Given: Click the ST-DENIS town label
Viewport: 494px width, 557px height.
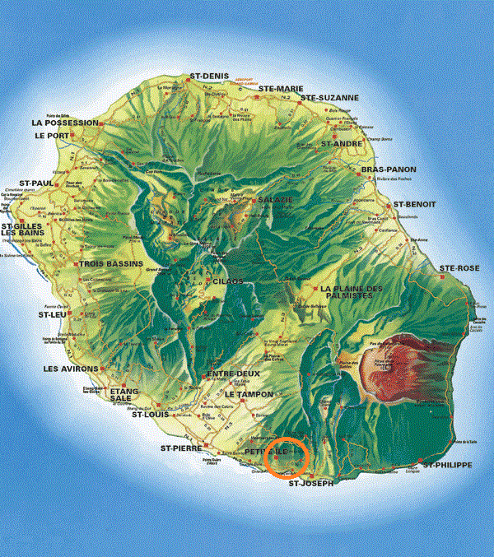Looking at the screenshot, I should coord(208,77).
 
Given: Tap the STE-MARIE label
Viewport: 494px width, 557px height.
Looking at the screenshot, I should coord(282,88).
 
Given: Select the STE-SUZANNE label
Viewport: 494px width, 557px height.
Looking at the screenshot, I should coord(329,98).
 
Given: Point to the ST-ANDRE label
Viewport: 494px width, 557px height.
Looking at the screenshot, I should coord(342,143).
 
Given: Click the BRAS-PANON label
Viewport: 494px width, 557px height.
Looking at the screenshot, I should coord(389,169).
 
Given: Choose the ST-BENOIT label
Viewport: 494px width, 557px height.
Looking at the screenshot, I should coord(414,204).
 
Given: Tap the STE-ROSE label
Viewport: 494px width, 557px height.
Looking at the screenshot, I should coord(459,268).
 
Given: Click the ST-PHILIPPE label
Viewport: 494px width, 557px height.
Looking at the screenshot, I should coord(447,466).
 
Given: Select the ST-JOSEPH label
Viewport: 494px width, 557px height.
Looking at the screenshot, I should coord(311,484).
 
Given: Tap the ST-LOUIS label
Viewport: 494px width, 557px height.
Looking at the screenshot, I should coord(151,414).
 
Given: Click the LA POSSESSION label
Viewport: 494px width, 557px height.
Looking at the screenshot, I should coord(65,123).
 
